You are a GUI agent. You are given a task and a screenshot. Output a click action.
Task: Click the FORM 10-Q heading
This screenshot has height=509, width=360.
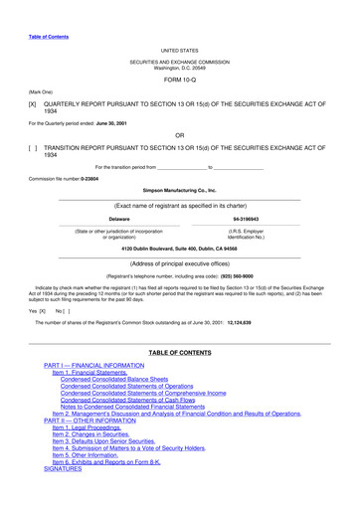(180, 81)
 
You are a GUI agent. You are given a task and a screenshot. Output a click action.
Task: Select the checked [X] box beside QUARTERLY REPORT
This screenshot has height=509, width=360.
(33, 102)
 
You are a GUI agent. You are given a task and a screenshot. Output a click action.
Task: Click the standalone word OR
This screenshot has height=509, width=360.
(180, 134)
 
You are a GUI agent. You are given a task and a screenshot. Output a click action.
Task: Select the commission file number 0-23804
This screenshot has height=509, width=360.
(85, 179)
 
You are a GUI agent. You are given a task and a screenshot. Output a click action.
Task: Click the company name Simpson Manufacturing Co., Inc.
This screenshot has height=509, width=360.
(180, 190)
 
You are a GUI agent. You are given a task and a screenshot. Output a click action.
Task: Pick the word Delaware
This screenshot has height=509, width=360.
(119, 218)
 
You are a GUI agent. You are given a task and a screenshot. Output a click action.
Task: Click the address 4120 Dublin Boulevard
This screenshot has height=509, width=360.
(180, 247)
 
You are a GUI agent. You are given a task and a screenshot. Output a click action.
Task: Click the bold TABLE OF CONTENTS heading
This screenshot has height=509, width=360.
(180, 354)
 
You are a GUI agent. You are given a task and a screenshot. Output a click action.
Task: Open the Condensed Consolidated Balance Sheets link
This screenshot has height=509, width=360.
(113, 380)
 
